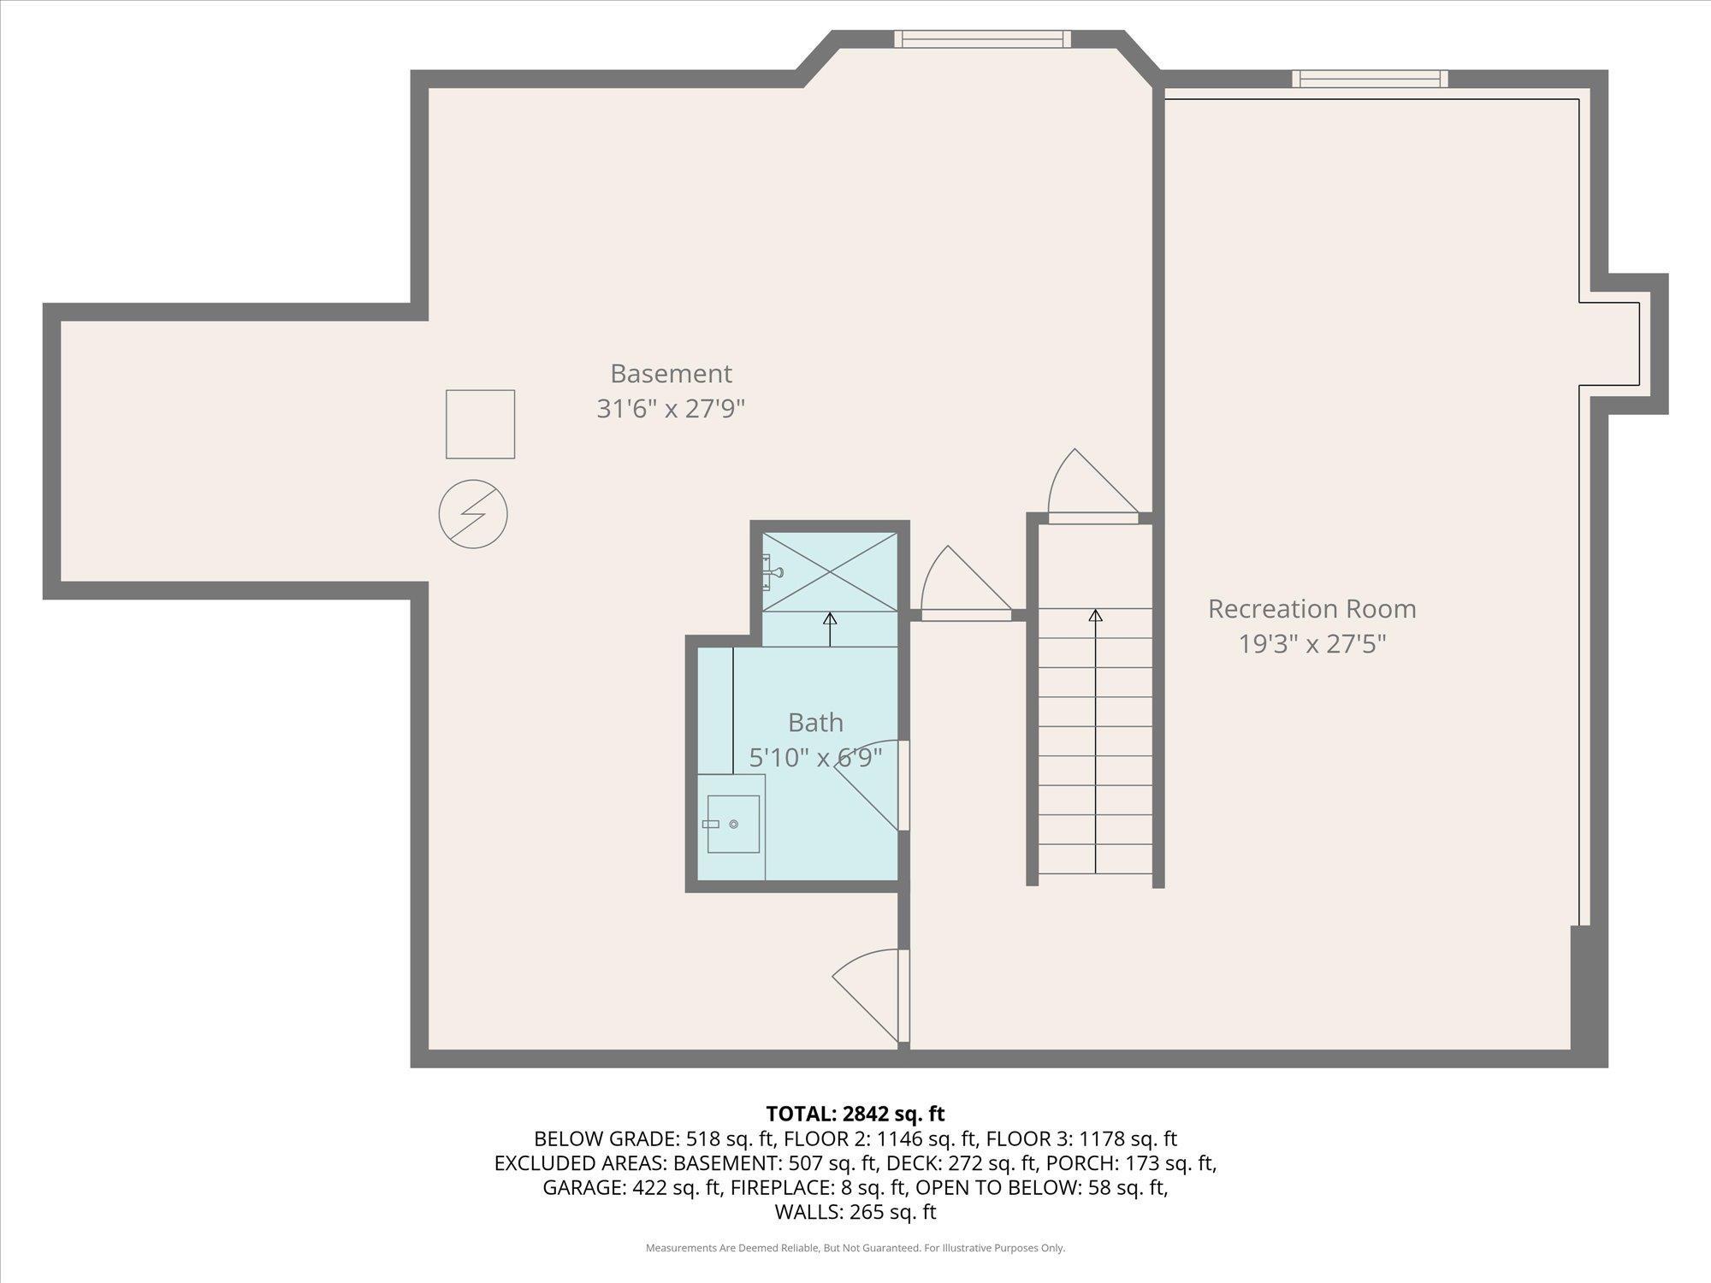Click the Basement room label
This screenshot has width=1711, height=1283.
click(671, 374)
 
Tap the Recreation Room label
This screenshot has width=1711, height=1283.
click(1311, 609)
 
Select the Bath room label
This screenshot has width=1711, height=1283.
click(815, 723)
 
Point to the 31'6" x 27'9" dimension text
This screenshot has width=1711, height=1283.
click(671, 409)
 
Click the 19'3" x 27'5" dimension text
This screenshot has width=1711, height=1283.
click(1311, 644)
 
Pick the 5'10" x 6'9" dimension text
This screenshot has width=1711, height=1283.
click(815, 758)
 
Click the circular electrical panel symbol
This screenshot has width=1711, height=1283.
click(473, 514)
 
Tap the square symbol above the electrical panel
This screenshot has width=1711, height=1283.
click(480, 424)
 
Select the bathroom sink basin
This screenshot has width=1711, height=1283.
click(733, 824)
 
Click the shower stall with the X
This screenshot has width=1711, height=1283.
click(830, 571)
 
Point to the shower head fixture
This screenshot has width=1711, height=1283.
click(772, 571)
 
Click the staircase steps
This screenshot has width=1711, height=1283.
click(1095, 741)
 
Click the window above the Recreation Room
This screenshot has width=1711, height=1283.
click(1370, 79)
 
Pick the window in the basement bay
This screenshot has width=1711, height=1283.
click(983, 38)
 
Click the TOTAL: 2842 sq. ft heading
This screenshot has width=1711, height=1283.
click(855, 1114)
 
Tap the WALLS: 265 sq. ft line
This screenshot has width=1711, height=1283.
click(855, 1212)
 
